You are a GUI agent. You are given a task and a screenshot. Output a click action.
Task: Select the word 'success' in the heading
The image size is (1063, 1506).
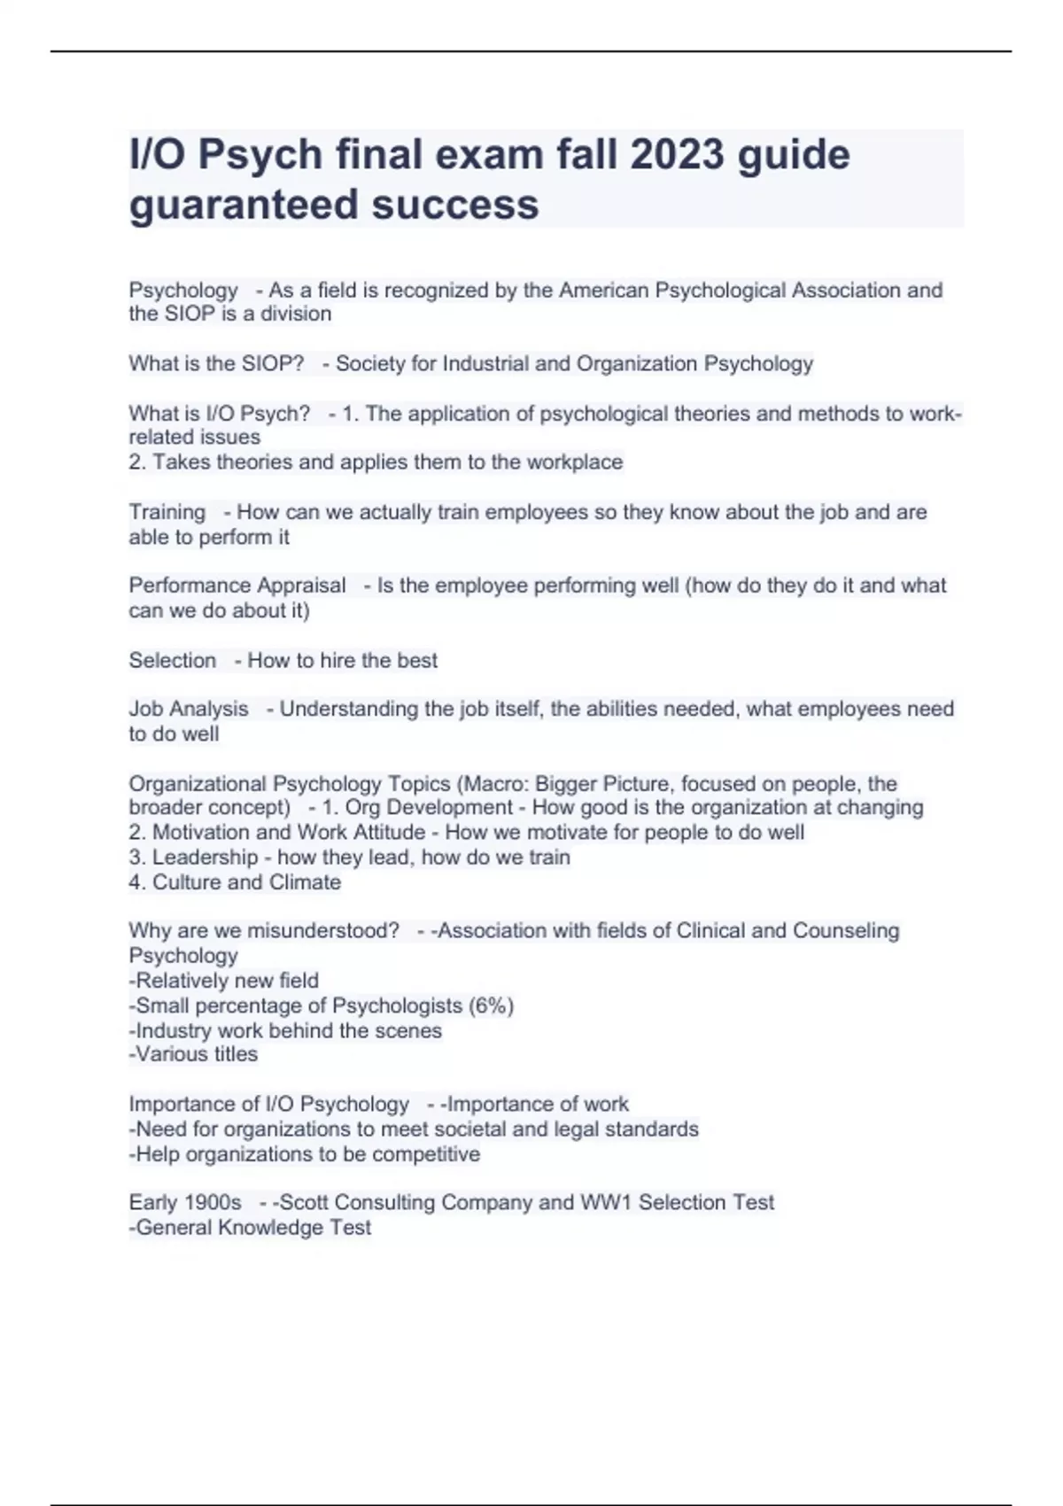[x=455, y=204]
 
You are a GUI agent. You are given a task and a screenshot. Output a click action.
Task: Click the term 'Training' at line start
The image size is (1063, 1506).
[x=167, y=512]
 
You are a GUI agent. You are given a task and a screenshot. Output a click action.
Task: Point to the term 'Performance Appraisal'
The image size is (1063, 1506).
[x=237, y=586]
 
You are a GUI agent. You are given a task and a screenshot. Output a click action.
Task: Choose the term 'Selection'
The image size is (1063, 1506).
[x=172, y=660]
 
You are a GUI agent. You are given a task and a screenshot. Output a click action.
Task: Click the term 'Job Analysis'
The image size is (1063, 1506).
[x=189, y=709]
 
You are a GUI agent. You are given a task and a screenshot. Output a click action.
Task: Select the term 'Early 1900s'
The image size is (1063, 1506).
[x=185, y=1202]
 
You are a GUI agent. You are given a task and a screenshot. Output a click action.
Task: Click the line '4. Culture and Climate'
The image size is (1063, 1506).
[x=235, y=881]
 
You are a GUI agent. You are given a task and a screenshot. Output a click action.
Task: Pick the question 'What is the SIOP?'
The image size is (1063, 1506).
[x=216, y=363]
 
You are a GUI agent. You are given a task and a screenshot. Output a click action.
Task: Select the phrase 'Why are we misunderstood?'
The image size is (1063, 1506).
[x=264, y=930]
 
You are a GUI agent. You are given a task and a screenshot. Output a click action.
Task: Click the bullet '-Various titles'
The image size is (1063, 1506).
[x=193, y=1054]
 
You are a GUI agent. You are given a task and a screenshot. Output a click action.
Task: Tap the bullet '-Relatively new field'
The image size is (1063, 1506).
[x=223, y=981]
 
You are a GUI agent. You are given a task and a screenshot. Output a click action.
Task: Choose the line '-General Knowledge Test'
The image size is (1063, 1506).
[x=250, y=1227]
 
